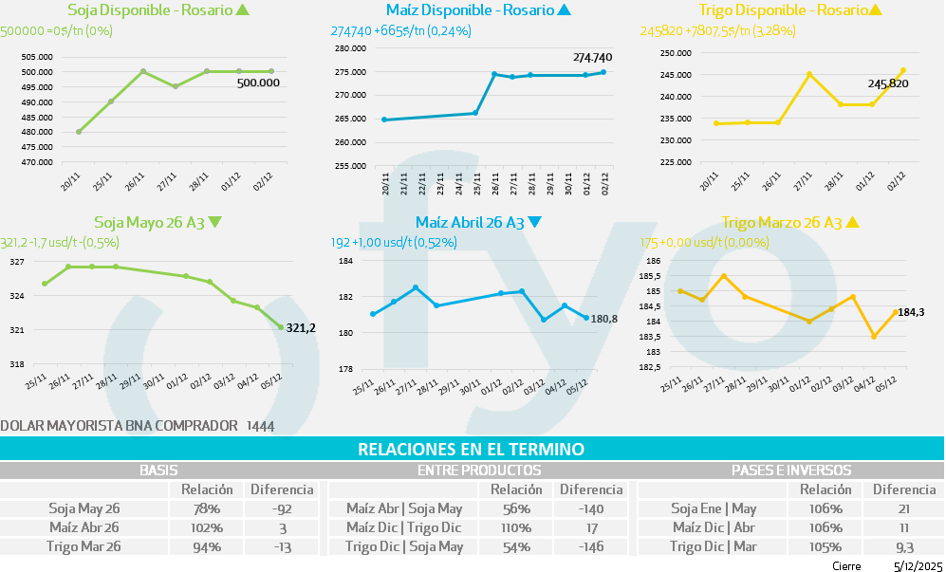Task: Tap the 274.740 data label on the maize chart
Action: coord(592,58)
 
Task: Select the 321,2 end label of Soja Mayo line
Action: coord(301,328)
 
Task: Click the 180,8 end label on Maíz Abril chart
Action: coord(603,319)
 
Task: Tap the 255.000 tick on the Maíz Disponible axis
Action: coord(351,166)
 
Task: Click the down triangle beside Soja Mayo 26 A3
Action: coord(214,223)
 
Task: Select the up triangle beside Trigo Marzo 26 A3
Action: coord(852,223)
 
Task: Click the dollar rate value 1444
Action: coord(259,427)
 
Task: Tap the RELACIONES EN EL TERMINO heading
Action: coord(471,449)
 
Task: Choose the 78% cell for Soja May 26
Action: coord(207,508)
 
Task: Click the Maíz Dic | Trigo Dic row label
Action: coord(404,527)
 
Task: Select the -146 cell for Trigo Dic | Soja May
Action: coord(590,547)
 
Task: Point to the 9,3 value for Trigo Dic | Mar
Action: coord(903,547)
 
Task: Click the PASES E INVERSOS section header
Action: coord(791,470)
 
